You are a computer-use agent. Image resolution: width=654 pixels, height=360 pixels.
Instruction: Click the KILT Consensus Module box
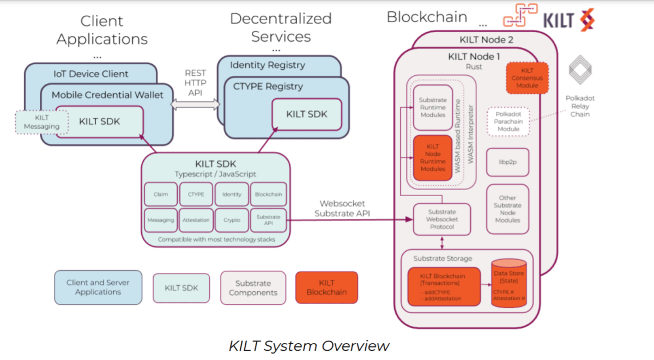526,78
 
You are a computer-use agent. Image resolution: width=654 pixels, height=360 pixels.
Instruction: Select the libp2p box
507,162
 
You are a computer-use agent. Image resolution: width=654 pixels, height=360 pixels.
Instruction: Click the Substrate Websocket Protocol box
441,219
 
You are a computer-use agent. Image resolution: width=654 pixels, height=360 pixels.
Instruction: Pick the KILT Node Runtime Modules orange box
433,158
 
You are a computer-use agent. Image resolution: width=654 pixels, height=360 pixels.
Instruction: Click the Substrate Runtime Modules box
433,107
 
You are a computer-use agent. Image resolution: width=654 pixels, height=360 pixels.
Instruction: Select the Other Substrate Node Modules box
507,209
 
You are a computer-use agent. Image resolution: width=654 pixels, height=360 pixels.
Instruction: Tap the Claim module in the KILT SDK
161,194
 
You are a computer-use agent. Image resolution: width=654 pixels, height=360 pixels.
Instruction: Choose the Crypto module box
232,220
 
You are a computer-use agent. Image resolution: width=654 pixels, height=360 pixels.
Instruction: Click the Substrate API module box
268,220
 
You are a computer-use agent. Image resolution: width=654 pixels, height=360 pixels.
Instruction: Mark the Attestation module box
196,220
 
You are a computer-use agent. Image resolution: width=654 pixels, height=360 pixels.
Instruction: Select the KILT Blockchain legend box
326,288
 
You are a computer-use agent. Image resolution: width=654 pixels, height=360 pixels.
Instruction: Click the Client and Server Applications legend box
98,288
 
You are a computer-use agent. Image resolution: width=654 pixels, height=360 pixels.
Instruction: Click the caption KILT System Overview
309,346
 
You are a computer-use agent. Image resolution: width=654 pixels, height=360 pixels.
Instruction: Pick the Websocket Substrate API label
342,209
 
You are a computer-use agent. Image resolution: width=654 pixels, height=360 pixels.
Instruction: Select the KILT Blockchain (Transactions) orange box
444,286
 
